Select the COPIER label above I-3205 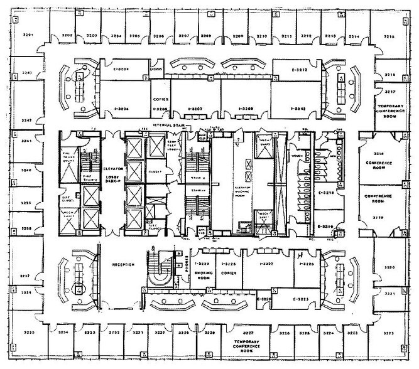[159, 100]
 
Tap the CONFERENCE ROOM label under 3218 [378, 164]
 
